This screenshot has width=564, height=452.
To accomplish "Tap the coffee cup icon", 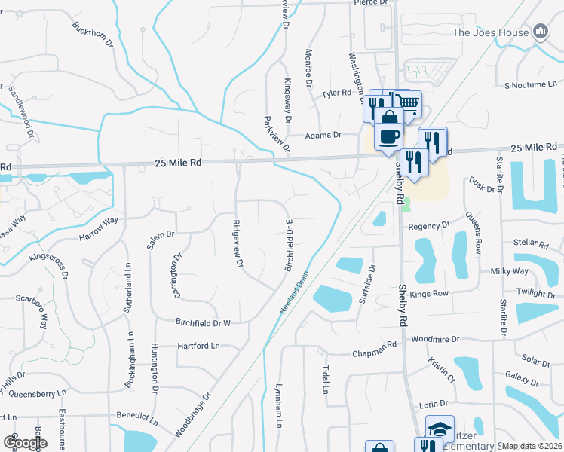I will [389, 136].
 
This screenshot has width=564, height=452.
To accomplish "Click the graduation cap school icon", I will [440, 429].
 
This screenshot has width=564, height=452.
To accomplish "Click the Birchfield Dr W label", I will [202, 322].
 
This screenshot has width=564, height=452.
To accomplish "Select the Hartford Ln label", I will [198, 346].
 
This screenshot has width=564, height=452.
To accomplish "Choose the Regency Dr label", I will [428, 225].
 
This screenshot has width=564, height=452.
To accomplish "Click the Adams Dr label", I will [323, 136].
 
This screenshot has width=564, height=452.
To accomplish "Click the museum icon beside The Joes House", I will [540, 31].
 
